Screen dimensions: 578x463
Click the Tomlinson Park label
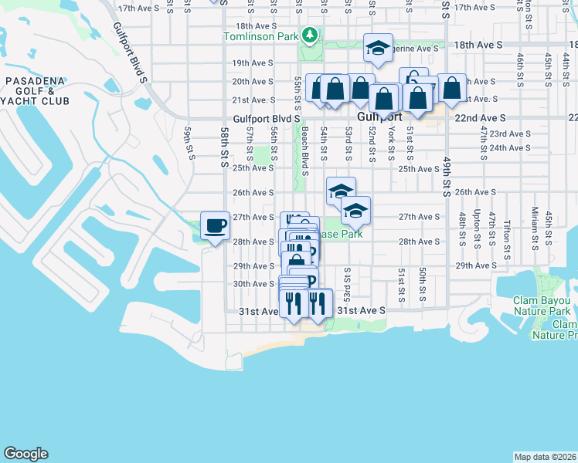click(260, 36)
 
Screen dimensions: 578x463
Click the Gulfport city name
click(379, 118)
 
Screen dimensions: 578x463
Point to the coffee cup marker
click(215, 226)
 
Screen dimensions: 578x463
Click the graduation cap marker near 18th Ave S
click(378, 48)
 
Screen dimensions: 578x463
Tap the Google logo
click(25, 454)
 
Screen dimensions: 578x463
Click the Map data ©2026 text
click(545, 457)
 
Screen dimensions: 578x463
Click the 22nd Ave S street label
click(481, 118)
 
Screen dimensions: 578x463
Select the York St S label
click(392, 144)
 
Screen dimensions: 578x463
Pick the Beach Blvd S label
click(305, 152)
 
